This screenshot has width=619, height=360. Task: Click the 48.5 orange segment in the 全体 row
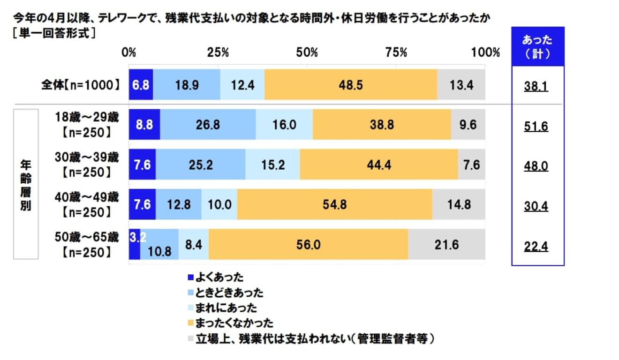coord(351,85)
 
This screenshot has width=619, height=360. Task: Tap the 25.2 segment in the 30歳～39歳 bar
coord(200,165)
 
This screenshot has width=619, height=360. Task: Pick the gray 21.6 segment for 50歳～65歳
coord(446,244)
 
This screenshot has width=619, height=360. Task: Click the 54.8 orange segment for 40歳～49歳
coord(334,205)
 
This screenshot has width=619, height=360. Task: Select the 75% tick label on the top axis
coord(396,52)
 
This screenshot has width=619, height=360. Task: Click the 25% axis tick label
coord(218,52)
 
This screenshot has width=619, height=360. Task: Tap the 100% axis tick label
coord(485,52)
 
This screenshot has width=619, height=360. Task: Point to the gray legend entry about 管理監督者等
coord(309,338)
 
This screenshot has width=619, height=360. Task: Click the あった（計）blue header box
coord(537,47)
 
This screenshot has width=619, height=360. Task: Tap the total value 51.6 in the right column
coord(536,127)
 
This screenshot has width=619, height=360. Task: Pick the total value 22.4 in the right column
coord(536,246)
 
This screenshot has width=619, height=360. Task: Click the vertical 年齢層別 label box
coord(25,184)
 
